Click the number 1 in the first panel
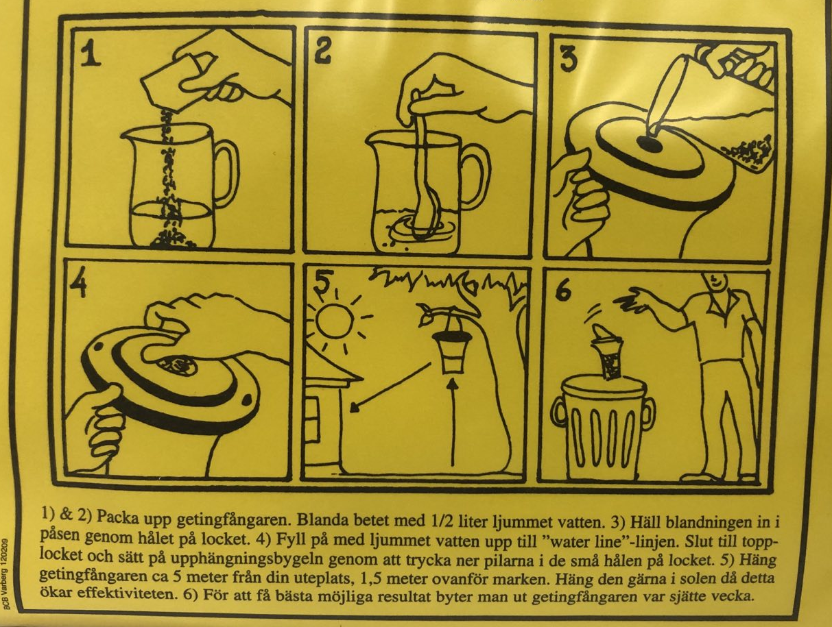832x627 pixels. click(x=91, y=53)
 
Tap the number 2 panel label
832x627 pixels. click(x=322, y=51)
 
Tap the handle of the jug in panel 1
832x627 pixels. click(x=226, y=173)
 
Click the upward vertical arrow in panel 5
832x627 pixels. click(x=453, y=421)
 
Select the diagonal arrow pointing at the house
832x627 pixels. click(x=392, y=387)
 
